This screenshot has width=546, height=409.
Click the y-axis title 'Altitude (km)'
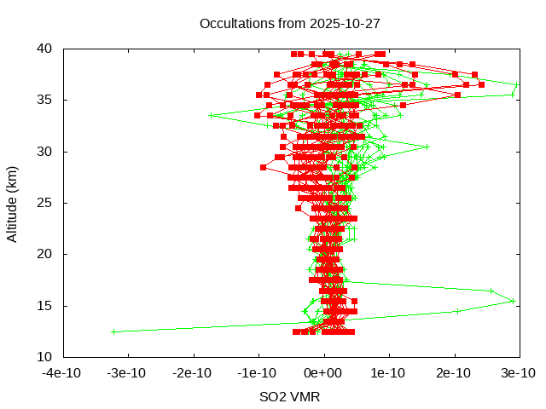tap(12, 203)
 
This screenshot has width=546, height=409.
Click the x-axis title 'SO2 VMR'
tap(290, 396)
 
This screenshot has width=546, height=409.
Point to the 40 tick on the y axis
tap(49, 49)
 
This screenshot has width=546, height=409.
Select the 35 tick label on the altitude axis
tap(49, 100)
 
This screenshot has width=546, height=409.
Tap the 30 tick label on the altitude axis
tap(49, 152)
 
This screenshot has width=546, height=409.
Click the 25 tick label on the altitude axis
tap(49, 203)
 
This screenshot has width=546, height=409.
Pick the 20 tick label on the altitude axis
tap(49, 254)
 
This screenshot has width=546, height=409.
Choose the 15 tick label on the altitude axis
tap(49, 305)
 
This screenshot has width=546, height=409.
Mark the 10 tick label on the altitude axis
tap(49, 356)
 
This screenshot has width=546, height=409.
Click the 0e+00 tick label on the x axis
tap(324, 373)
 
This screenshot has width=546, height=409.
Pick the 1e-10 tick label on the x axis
tap(390, 373)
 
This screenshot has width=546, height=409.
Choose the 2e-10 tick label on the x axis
tap(455, 373)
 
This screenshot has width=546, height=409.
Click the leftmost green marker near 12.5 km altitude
tap(113, 331)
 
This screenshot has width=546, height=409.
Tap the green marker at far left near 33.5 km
tap(212, 115)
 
